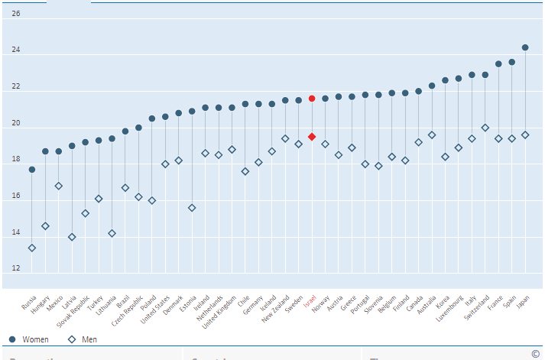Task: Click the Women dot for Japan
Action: pyautogui.click(x=525, y=47)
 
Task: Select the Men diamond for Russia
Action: pyautogui.click(x=32, y=248)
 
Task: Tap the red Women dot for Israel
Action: pyautogui.click(x=312, y=99)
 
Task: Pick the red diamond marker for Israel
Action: pyautogui.click(x=312, y=137)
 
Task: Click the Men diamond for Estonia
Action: pyautogui.click(x=192, y=208)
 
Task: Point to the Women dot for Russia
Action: pyautogui.click(x=32, y=170)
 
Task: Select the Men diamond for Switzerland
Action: pyautogui.click(x=485, y=128)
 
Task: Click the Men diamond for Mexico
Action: pyautogui.click(x=59, y=186)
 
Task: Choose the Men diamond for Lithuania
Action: pyautogui.click(x=112, y=233)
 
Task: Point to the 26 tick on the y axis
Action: pyautogui.click(x=16, y=14)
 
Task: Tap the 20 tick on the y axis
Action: pyautogui.click(x=16, y=124)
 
